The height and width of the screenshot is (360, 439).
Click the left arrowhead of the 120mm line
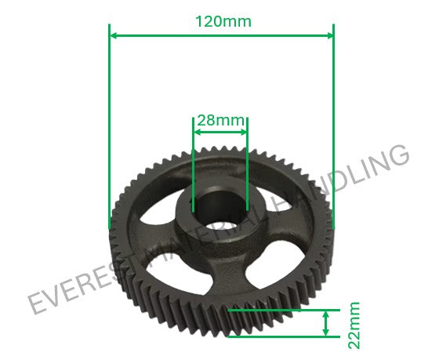click(114, 35)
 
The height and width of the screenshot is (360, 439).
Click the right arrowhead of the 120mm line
click(328, 35)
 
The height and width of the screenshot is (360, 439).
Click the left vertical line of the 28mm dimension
click(194, 165)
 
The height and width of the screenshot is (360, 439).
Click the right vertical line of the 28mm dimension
click(247, 165)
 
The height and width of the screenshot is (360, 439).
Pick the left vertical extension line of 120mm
click(108, 125)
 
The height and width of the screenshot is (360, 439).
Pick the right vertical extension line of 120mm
click(333, 125)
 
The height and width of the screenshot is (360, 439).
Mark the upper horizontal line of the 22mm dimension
click(282, 310)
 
